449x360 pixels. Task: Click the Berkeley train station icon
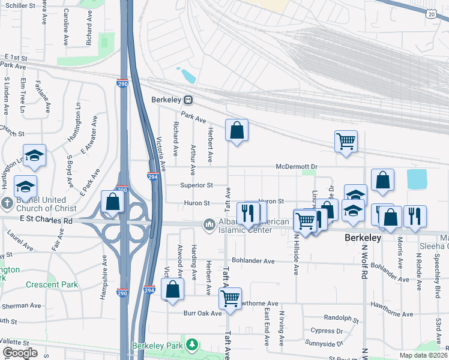(x=188, y=100)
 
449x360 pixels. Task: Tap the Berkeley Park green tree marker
(x=191, y=345)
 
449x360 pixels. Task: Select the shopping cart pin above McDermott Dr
(x=346, y=142)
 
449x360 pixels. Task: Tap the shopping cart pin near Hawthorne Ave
(x=231, y=298)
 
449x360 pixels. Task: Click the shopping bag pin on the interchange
(x=112, y=202)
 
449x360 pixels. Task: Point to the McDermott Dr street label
(x=296, y=167)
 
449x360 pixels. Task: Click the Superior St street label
(x=196, y=185)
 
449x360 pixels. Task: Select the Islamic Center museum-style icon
(x=209, y=224)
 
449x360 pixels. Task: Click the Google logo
(x=20, y=353)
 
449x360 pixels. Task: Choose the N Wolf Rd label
(x=364, y=264)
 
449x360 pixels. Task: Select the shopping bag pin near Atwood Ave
(x=172, y=289)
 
